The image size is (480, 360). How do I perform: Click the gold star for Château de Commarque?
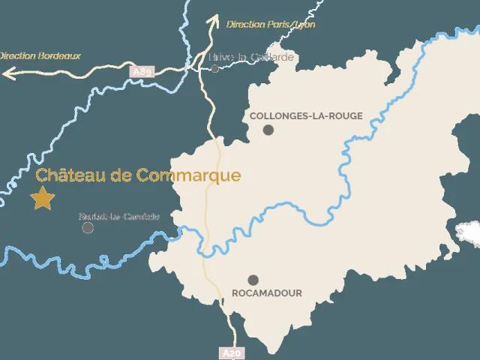[x=43, y=199]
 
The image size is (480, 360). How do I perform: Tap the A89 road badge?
[x=142, y=71]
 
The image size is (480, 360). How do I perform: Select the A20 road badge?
[x=232, y=352]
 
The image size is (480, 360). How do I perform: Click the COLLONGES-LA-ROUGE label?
[x=305, y=116]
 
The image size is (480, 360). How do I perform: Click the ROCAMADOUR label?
[x=267, y=293]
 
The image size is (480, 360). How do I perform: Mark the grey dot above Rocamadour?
[x=253, y=280]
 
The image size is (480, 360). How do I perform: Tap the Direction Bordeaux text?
[x=39, y=55]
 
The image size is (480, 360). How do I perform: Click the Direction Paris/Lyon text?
[x=271, y=25]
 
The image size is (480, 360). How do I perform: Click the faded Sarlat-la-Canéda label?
[x=119, y=217]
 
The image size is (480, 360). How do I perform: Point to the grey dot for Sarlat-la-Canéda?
[x=88, y=227]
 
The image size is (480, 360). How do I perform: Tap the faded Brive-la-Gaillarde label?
[x=241, y=57]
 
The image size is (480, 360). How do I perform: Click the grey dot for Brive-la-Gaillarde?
[x=214, y=68]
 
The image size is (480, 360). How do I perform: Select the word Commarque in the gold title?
[x=200, y=175]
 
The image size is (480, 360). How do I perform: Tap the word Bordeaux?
[x=59, y=55]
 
